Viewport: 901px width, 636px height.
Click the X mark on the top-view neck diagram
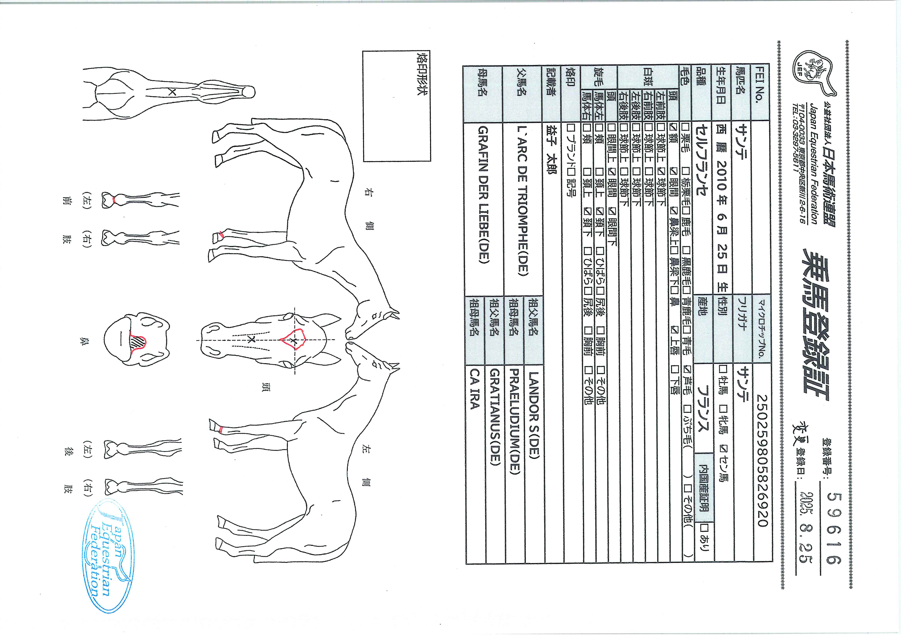click(x=172, y=93)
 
